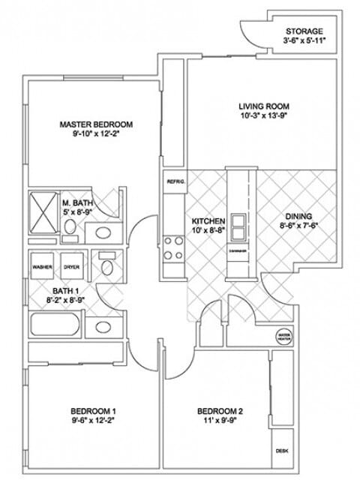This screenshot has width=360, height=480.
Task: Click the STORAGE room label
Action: [x=304, y=31]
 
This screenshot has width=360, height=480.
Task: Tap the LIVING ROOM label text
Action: [x=258, y=106]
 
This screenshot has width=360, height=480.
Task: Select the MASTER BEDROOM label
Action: [x=96, y=124]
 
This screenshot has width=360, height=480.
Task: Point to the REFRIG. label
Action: [x=175, y=181]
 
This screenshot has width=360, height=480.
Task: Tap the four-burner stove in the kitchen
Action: [x=175, y=247]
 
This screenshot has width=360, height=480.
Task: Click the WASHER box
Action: [x=41, y=266]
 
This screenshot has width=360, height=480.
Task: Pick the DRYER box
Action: [x=71, y=266]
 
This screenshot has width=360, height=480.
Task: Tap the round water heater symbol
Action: [x=283, y=335]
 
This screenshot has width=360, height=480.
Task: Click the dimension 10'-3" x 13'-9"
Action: [x=258, y=117]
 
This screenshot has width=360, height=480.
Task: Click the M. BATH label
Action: [x=76, y=202]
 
